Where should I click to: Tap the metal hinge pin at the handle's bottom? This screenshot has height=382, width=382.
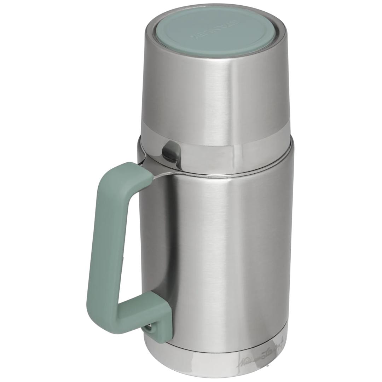pos(149,329)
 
